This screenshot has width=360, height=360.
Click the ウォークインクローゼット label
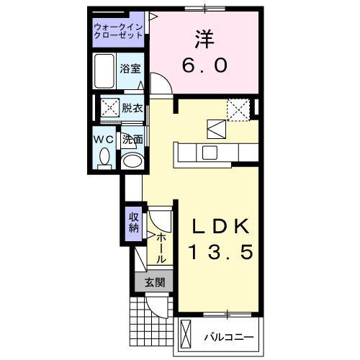[x=119, y=32]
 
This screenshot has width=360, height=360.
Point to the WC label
[x=104, y=138]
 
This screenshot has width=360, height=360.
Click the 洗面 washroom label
[x=132, y=138]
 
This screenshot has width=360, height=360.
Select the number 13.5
[x=220, y=253]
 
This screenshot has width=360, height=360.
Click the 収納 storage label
[x=133, y=224]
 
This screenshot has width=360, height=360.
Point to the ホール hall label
[x=161, y=246]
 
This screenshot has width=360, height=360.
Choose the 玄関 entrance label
[x=154, y=283]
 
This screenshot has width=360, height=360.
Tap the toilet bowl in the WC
[x=104, y=156]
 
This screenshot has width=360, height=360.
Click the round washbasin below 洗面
[x=132, y=160]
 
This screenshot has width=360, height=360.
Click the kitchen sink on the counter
[x=210, y=153]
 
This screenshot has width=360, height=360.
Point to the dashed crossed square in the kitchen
[x=237, y=109]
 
